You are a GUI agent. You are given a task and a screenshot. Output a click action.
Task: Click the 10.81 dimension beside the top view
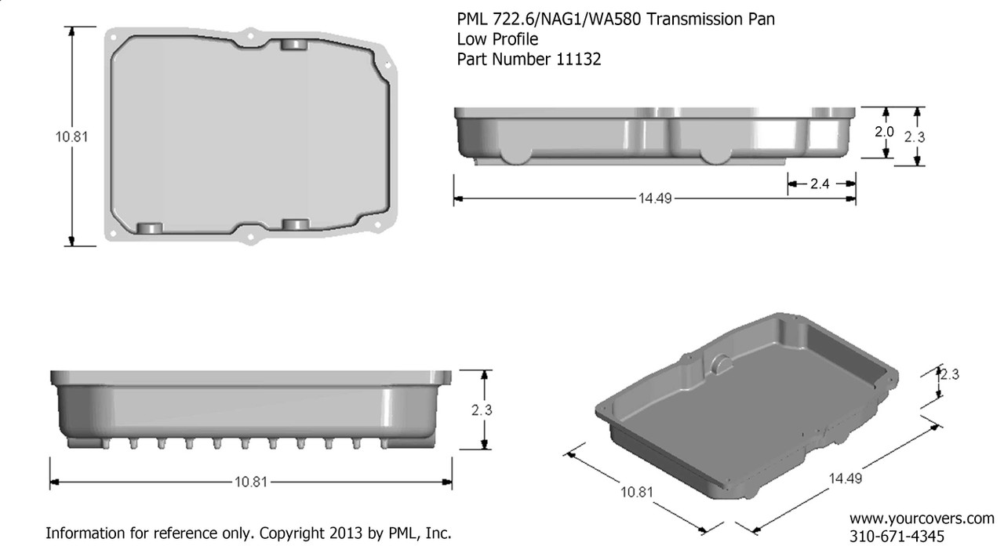pos(71,136)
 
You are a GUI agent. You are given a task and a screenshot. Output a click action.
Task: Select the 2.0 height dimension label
pos(884,133)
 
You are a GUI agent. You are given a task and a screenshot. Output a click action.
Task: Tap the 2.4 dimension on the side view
pos(820,184)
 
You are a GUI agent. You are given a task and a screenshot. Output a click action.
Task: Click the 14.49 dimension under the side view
pos(654,198)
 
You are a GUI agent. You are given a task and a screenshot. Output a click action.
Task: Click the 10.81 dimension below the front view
pos(250,482)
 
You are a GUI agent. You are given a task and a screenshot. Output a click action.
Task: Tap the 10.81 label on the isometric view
pos(636,493)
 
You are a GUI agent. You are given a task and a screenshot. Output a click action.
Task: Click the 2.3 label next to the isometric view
pos(950,375)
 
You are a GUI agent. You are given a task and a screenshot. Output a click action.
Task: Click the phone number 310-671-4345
pos(897,535)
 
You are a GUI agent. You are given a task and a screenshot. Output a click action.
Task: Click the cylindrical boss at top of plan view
pos(294,44)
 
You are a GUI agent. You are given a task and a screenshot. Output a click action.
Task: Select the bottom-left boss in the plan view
pos(149,228)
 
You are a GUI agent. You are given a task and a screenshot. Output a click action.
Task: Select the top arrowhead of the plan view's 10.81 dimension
pos(71,31)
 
